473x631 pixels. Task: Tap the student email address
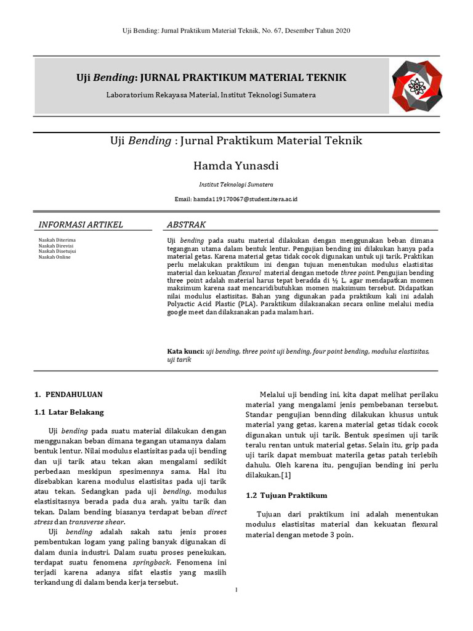pyautogui.click(x=236, y=200)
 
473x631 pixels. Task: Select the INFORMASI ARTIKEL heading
pyautogui.click(x=81, y=224)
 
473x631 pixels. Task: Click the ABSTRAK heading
pyautogui.click(x=187, y=224)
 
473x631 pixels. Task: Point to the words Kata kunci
pyautogui.click(x=186, y=351)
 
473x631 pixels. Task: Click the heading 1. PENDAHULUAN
pyautogui.click(x=69, y=394)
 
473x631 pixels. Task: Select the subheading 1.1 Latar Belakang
pyautogui.click(x=69, y=412)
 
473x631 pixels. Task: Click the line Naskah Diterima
pyautogui.click(x=57, y=239)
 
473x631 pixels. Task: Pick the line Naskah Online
pyautogui.click(x=55, y=257)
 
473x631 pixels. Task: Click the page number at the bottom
pyautogui.click(x=236, y=590)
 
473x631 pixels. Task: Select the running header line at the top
pyautogui.click(x=236, y=31)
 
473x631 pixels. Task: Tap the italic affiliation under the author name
pyautogui.click(x=236, y=184)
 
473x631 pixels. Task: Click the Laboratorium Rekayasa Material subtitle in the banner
pyautogui.click(x=211, y=95)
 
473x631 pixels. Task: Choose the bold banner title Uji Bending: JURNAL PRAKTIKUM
pyautogui.click(x=211, y=78)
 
